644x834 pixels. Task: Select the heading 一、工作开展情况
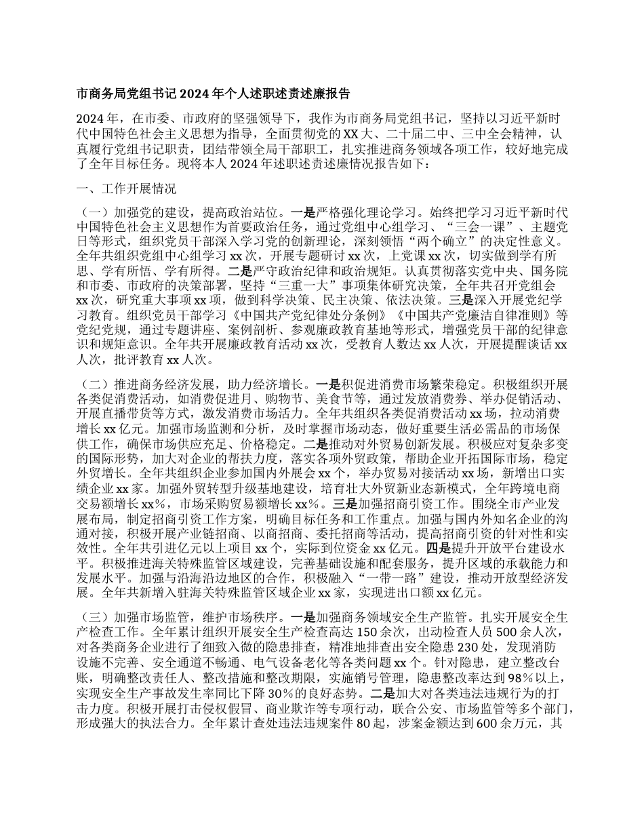pos(117,188)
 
